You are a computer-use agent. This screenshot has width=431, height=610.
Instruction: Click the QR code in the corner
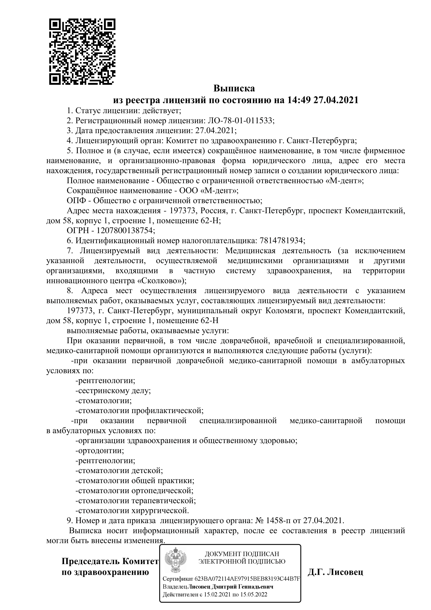click(82, 52)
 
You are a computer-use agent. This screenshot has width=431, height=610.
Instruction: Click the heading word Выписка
click(234, 88)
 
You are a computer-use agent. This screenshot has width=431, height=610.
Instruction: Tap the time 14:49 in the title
click(298, 100)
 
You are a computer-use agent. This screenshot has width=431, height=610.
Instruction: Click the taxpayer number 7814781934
click(281, 240)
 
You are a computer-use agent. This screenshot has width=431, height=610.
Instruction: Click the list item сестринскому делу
click(113, 391)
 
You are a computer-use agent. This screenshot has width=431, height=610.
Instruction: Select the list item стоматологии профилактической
click(140, 411)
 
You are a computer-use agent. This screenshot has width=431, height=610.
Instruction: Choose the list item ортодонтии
click(100, 451)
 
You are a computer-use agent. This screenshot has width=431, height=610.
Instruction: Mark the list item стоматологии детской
click(119, 470)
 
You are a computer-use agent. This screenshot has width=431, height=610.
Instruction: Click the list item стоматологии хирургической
click(132, 511)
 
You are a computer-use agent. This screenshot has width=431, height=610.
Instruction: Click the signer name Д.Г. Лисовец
click(335, 572)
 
